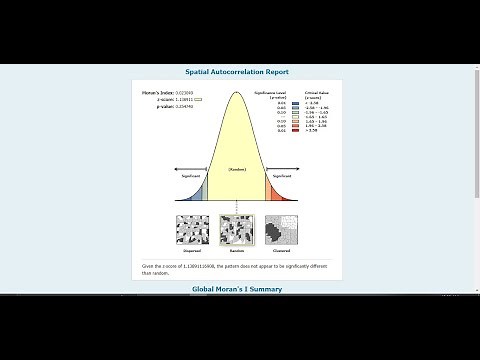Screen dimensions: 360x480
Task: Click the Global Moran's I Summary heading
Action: click(237, 289)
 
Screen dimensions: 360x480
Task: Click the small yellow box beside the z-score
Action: click(198, 99)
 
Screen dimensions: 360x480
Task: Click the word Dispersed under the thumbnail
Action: click(193, 251)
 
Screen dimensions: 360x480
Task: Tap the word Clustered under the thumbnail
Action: click(281, 251)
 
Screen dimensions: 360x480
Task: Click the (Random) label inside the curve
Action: click(237, 170)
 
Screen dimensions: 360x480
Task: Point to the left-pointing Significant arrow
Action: click(189, 168)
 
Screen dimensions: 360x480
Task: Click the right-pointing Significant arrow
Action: click(285, 168)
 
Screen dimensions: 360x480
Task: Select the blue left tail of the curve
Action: click(200, 194)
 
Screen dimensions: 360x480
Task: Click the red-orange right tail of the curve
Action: click(275, 194)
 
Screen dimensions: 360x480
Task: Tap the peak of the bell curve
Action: click(237, 94)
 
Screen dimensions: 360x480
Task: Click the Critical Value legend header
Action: click(314, 94)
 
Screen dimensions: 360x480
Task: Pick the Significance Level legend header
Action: click(273, 94)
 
